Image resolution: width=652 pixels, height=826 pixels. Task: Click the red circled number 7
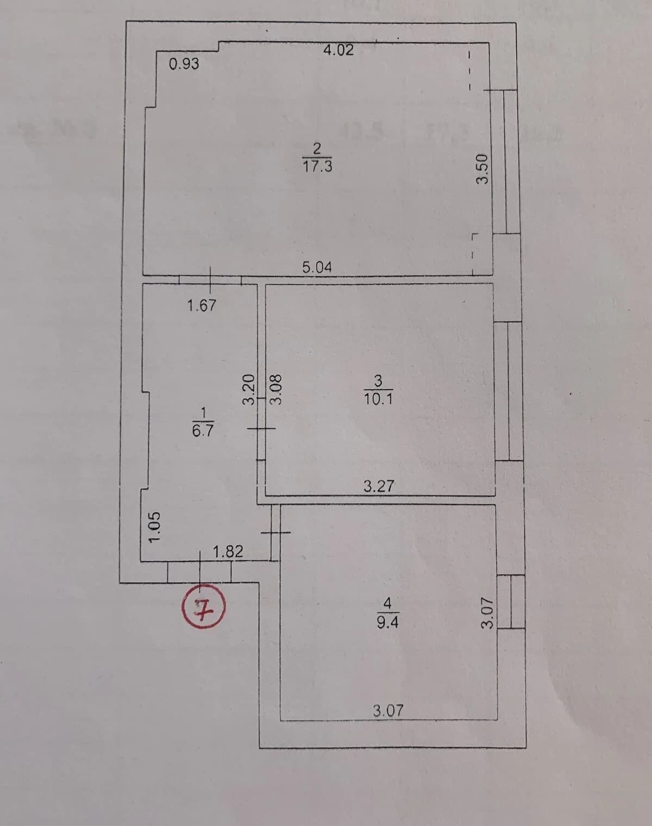tap(203, 606)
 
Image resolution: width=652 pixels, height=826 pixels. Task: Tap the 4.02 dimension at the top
tap(338, 51)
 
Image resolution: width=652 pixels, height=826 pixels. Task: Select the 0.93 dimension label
tap(184, 64)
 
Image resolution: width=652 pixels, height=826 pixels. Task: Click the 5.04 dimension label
tap(317, 267)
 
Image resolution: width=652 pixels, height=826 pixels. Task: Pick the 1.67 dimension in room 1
tap(202, 305)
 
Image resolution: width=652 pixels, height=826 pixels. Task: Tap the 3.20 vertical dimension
tap(249, 390)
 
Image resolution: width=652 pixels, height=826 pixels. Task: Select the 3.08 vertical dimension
tap(276, 390)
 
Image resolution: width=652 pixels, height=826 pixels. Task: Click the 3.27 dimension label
tap(379, 486)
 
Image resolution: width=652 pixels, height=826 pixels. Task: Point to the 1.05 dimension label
tap(154, 527)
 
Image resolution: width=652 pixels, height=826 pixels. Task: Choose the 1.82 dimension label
tap(228, 552)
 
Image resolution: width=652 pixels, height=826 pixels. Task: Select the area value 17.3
tap(317, 167)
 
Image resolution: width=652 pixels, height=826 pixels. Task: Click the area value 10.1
tap(378, 399)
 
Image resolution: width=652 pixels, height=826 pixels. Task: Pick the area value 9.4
tap(387, 622)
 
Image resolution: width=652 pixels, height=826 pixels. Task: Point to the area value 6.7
tap(203, 430)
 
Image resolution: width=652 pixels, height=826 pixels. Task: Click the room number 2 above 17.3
tap(318, 148)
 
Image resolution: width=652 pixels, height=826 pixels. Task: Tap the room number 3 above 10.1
tap(378, 381)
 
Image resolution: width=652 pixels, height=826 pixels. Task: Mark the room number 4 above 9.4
tap(387, 603)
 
